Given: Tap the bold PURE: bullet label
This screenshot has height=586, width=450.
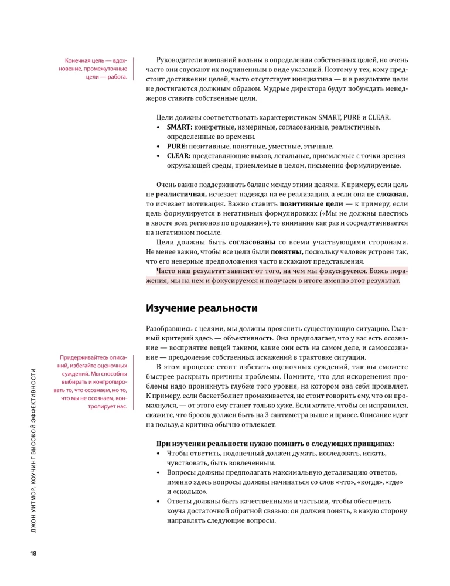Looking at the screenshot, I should pyautogui.click(x=177, y=146).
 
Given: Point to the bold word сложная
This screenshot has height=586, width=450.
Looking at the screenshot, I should pyautogui.click(x=392, y=193).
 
